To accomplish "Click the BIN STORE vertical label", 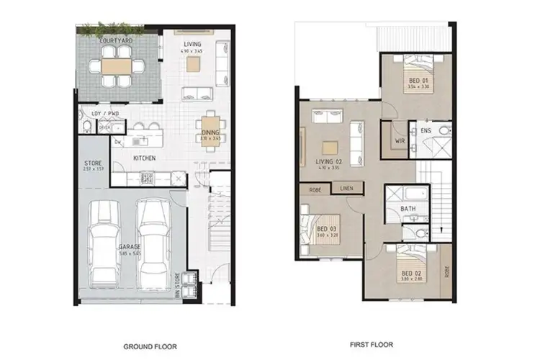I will click(x=179, y=284).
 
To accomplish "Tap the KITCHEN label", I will click(x=144, y=158).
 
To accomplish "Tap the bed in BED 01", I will click(x=408, y=75).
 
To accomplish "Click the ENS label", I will click(x=426, y=130).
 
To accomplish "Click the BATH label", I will click(x=408, y=209).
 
